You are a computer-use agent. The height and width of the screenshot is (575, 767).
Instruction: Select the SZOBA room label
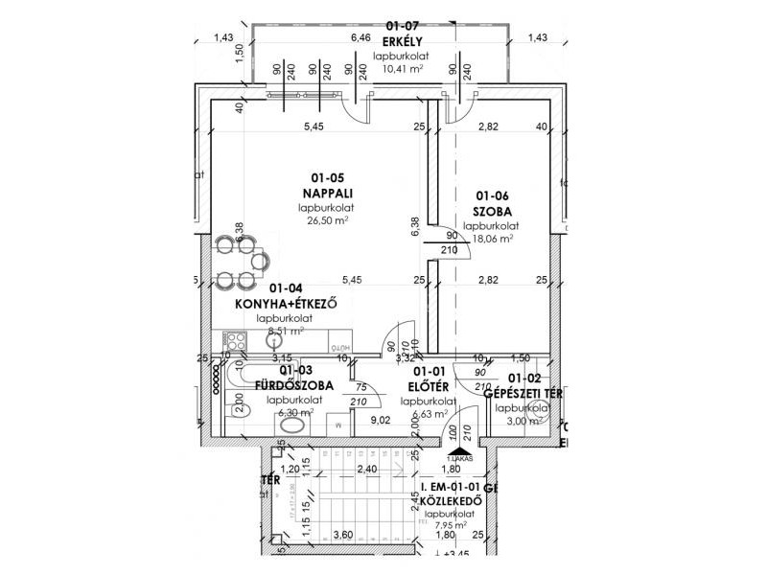[491, 211]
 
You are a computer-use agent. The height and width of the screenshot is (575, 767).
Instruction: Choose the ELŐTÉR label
[427, 386]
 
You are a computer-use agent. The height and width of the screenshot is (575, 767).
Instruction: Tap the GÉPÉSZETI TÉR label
[523, 393]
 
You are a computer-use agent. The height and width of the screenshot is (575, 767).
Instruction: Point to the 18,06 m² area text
[490, 240]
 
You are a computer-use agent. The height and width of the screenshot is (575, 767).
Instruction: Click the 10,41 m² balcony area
[401, 69]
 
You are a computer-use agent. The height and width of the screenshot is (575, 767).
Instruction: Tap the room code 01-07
[401, 25]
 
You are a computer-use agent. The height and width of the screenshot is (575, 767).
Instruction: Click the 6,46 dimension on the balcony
[361, 37]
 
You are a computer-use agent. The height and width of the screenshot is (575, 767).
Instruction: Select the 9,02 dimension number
[380, 419]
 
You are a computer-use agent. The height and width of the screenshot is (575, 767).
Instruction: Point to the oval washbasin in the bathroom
[294, 424]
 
